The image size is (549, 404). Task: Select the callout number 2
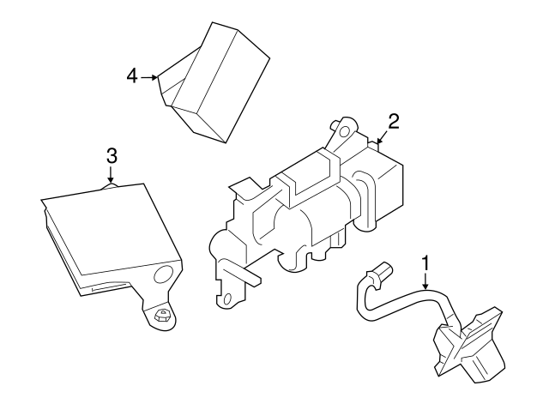pos(393,122)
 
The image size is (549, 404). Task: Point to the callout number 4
pos(132,76)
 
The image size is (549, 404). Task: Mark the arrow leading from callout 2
pos(382,136)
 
